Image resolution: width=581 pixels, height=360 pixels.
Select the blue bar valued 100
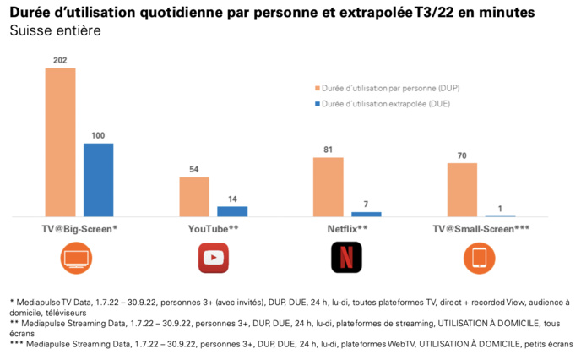pos(98,180)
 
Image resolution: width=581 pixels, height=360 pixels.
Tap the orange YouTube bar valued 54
pos(193,197)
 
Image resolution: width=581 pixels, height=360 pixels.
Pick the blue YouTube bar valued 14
pos(232,211)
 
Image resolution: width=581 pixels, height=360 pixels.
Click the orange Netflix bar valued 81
pos(328,187)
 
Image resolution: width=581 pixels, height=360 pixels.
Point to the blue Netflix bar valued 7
pos(366,215)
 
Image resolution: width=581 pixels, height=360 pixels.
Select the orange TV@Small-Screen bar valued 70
pos(462,190)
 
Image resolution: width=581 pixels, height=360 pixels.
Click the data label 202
pos(60,61)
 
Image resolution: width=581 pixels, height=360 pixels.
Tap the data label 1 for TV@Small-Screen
pos(500,210)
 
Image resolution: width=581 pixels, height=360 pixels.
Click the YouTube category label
pos(213,228)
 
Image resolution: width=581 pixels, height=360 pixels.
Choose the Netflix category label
pos(346,228)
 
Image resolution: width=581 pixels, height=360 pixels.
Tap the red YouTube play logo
pos(213,258)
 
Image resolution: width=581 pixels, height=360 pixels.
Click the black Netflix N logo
pos(346,258)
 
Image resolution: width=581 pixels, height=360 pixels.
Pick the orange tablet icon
pos(480,258)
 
